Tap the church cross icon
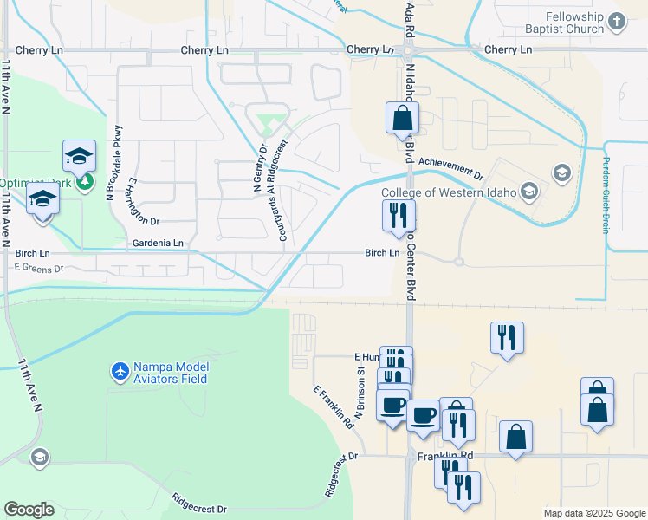click(x=616, y=21)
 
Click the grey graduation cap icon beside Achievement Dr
click(x=561, y=172)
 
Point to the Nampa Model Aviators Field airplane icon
click(x=120, y=372)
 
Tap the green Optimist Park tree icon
click(x=84, y=181)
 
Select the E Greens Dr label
click(x=39, y=269)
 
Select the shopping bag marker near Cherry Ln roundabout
click(x=402, y=119)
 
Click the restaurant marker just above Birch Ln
click(x=399, y=216)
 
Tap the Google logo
click(x=29, y=510)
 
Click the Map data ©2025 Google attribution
click(x=593, y=513)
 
